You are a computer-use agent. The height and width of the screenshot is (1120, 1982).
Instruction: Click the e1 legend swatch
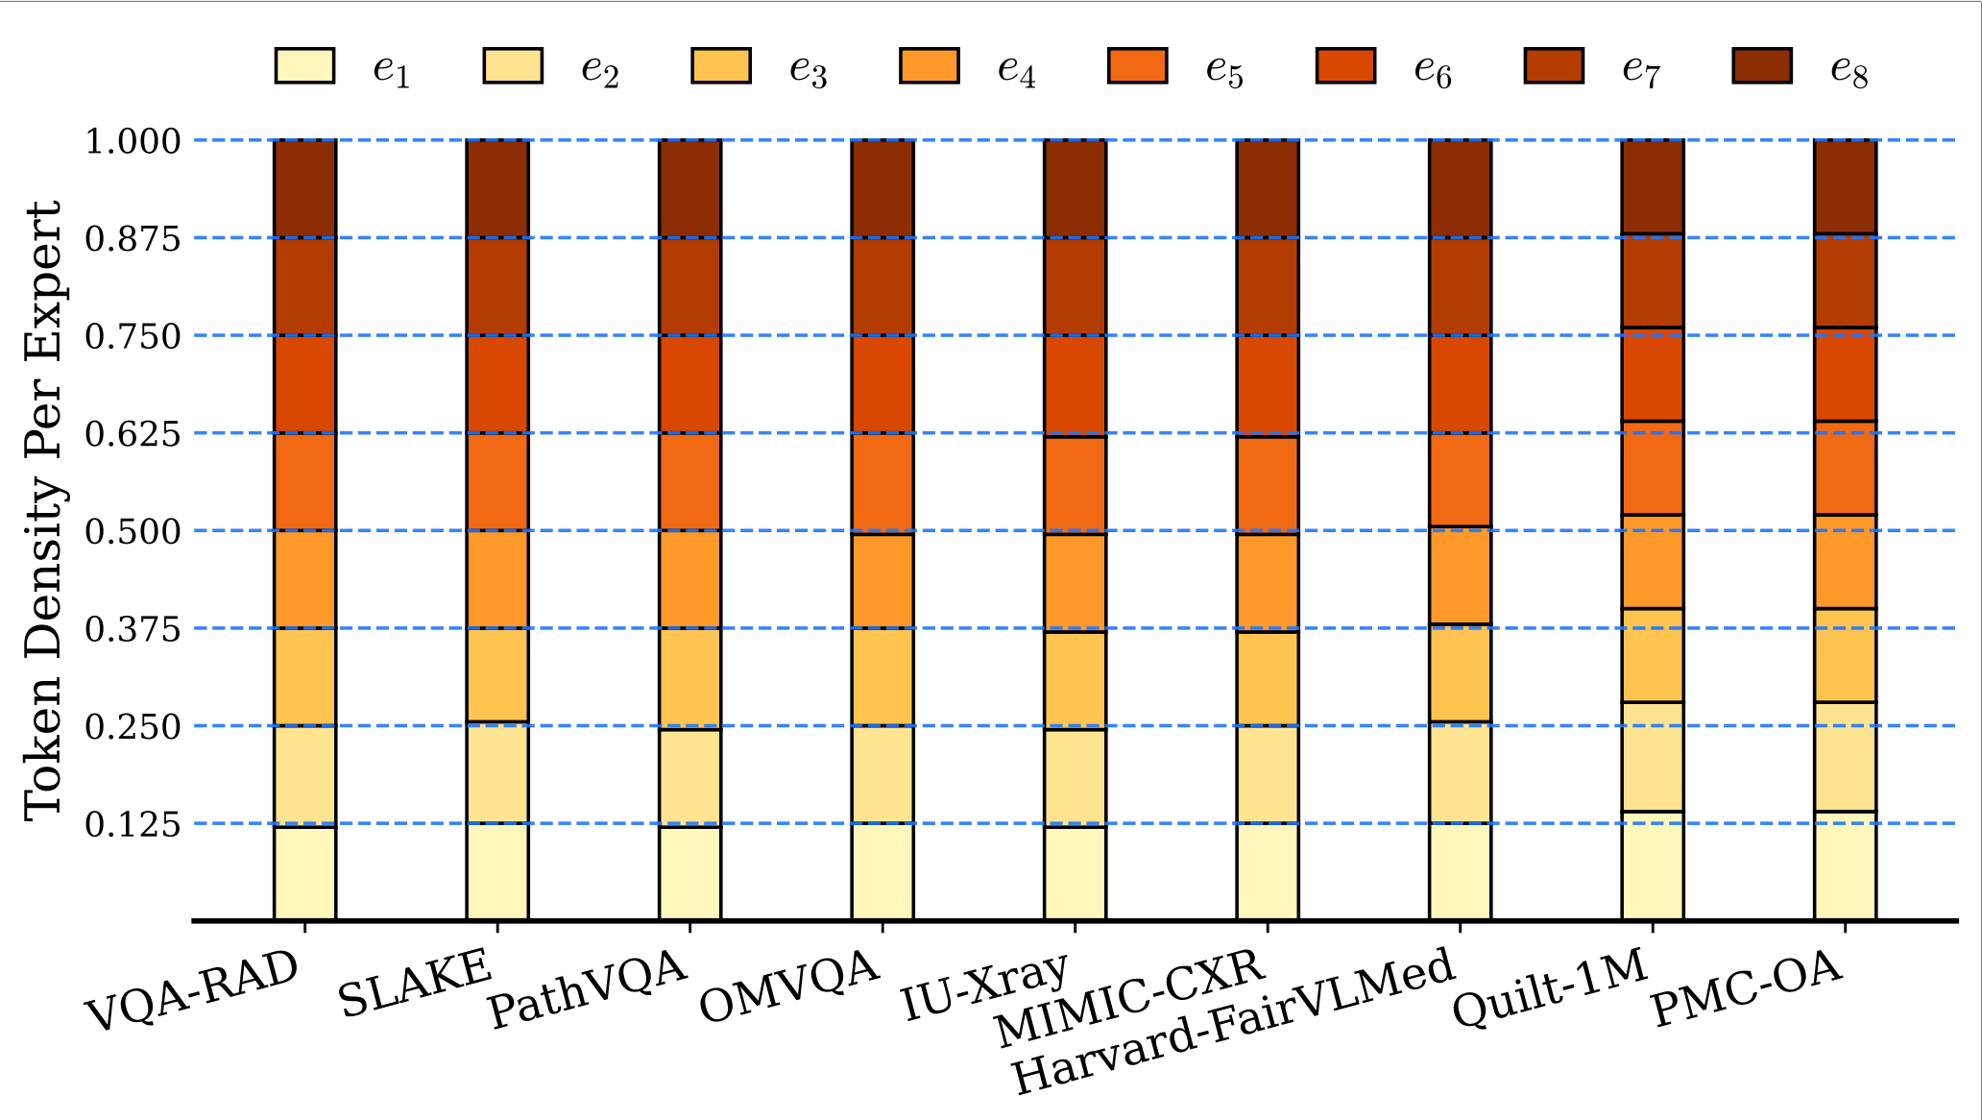304,66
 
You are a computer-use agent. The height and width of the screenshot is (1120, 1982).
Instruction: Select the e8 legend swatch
1762,66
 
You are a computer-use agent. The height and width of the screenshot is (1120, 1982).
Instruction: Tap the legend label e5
1224,69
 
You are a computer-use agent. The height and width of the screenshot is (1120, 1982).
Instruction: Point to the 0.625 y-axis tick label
133,434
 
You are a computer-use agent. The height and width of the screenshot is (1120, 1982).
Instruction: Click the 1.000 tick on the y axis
133,141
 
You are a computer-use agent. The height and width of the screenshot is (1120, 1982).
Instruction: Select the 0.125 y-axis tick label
133,824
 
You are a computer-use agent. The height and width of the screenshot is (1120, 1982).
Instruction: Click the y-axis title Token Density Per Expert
43,511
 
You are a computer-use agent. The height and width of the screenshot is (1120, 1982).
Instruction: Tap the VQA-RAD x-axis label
192,992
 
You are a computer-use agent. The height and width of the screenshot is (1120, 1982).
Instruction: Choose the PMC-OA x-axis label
1747,989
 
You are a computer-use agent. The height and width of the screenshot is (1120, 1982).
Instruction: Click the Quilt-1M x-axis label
1550,989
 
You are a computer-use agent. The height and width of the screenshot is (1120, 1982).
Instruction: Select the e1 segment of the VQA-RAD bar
304,872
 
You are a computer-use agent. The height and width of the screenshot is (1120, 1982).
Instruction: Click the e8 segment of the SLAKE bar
497,188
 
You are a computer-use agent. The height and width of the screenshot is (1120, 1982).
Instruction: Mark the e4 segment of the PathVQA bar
689,579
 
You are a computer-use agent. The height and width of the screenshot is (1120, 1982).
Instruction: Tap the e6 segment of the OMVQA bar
882,384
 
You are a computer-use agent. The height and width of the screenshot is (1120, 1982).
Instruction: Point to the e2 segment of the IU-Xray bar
1075,777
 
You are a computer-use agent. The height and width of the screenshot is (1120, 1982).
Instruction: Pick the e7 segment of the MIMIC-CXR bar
1268,286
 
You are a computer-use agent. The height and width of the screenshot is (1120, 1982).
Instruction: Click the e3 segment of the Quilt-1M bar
1653,655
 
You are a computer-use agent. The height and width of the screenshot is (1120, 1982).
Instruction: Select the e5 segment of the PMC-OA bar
1845,468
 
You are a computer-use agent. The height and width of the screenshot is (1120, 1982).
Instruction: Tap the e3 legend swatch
721,66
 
